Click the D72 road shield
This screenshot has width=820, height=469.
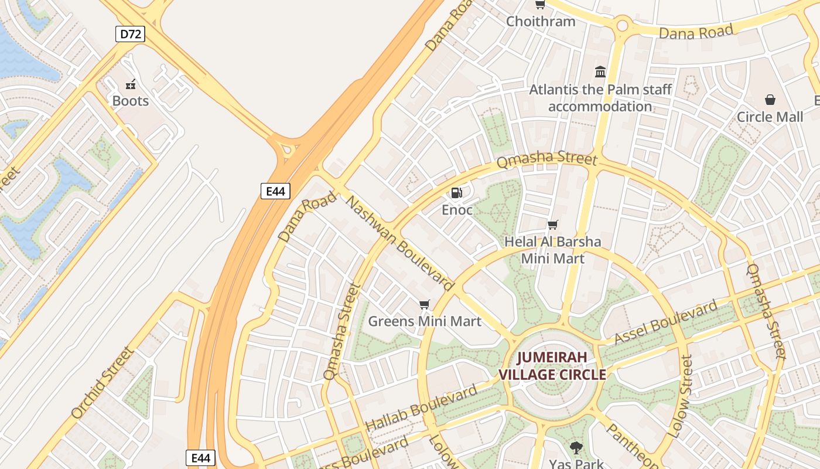pyautogui.click(x=130, y=34)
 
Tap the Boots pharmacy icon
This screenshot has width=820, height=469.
pyautogui.click(x=131, y=84)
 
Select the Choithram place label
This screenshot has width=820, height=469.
pyautogui.click(x=541, y=22)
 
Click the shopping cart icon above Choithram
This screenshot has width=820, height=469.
pyautogui.click(x=540, y=5)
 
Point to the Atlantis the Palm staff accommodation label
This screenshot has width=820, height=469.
pyautogui.click(x=600, y=98)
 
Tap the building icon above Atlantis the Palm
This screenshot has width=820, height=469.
pyautogui.click(x=600, y=72)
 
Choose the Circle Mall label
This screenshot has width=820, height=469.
pyautogui.click(x=770, y=117)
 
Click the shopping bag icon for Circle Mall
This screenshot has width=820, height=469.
pyautogui.click(x=770, y=100)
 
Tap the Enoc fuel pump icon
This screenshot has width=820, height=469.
pyautogui.click(x=456, y=192)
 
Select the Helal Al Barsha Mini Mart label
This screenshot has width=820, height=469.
pyautogui.click(x=552, y=250)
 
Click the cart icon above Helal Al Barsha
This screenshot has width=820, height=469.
pyautogui.click(x=552, y=225)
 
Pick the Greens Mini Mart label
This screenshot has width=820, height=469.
pyautogui.click(x=425, y=321)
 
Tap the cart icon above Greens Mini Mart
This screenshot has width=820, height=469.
pyautogui.click(x=425, y=304)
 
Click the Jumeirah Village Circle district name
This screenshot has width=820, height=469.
pyautogui.click(x=552, y=366)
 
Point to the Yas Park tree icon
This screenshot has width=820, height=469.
pyautogui.click(x=576, y=448)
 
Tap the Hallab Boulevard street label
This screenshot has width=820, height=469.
pyautogui.click(x=421, y=409)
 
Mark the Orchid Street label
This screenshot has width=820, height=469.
pyautogui.click(x=102, y=382)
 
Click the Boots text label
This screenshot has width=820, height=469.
pyautogui.click(x=131, y=101)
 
